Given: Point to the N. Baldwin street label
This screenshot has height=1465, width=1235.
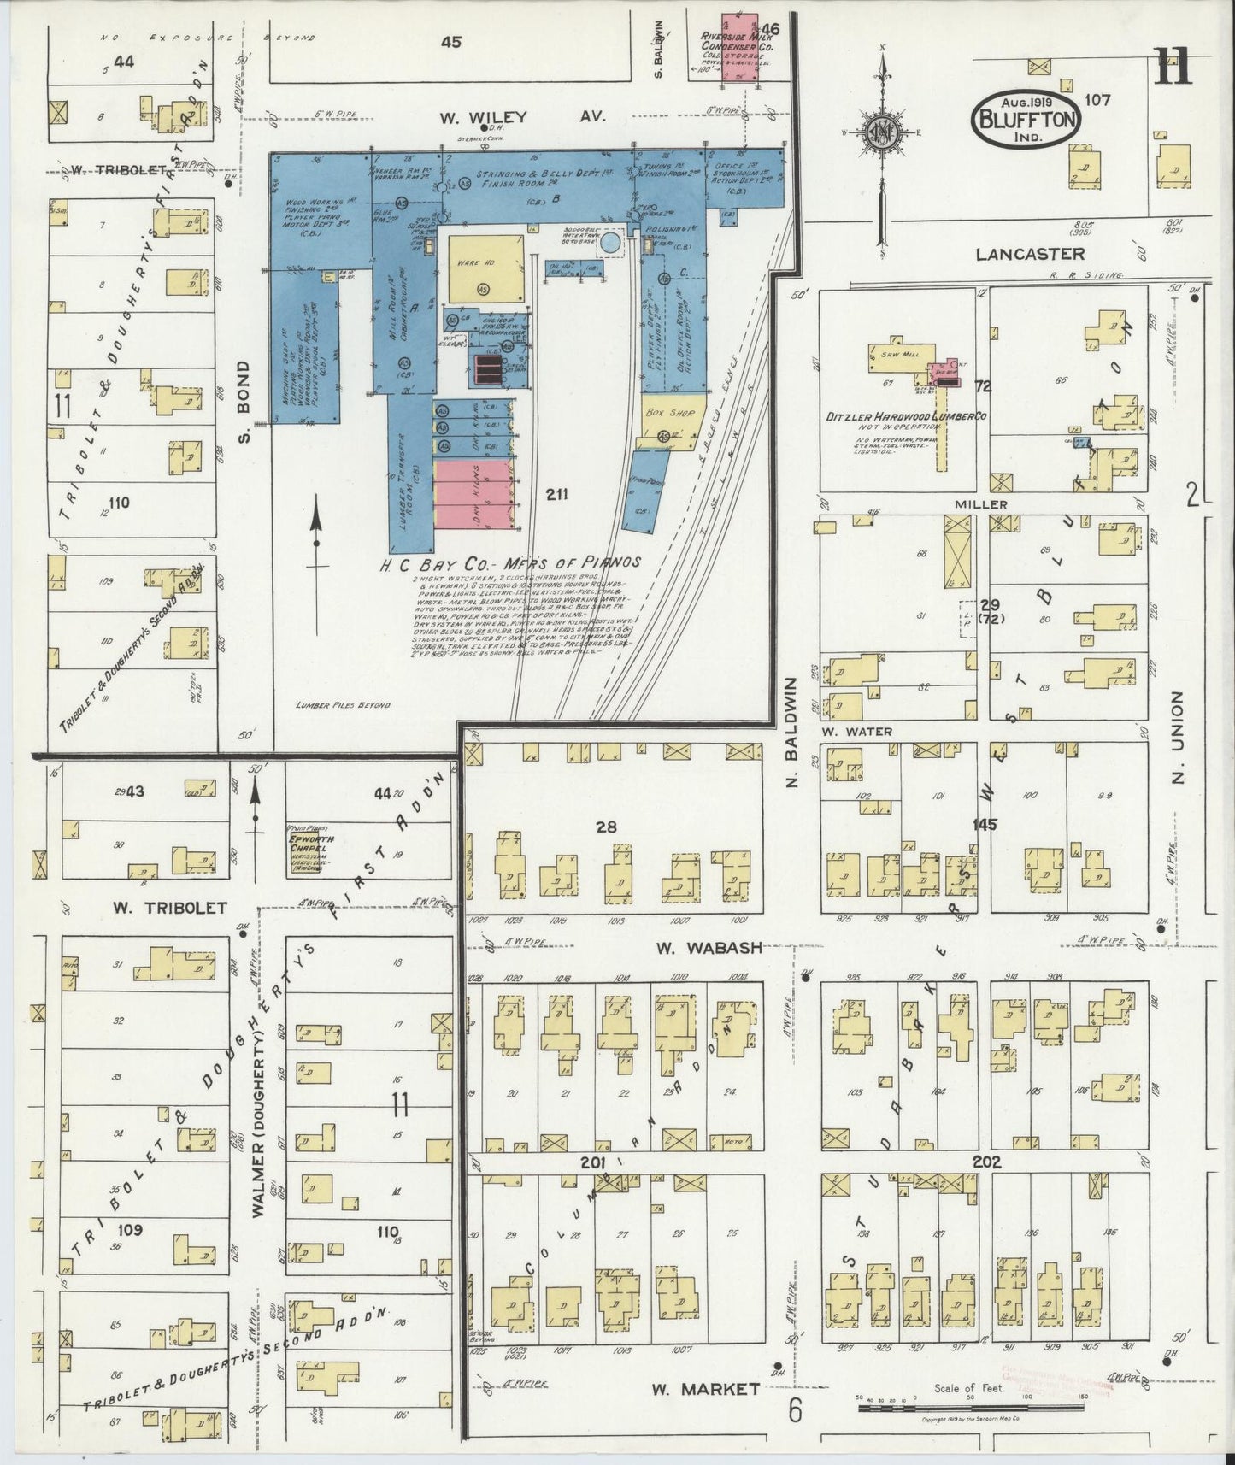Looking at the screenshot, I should (791, 732).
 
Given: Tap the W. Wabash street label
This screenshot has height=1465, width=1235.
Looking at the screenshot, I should (709, 947).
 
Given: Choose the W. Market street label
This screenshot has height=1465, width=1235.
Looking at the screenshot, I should (706, 1389).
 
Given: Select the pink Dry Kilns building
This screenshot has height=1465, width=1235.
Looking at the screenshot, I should (473, 495).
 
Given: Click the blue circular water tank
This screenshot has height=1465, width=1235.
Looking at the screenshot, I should (611, 244).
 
